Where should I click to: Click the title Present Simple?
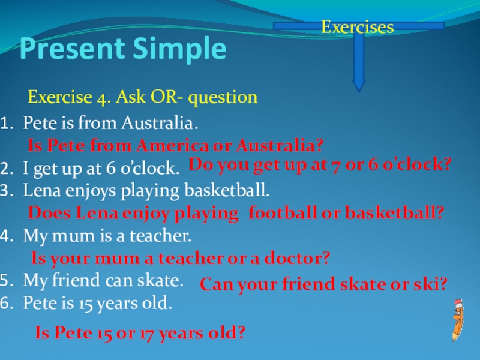124,50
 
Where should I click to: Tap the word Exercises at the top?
357,27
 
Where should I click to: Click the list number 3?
7,191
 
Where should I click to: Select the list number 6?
7,304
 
